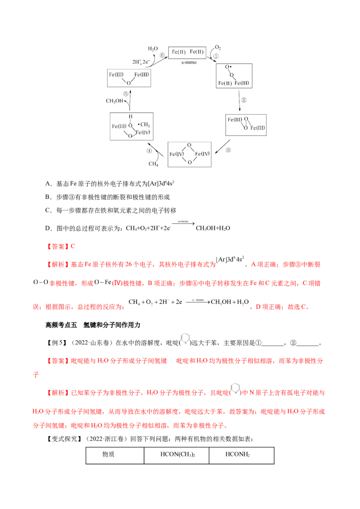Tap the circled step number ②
pyautogui.click(x=244, y=100)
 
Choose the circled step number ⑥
pyautogui.click(x=163, y=56)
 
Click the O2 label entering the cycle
pyautogui.click(x=218, y=47)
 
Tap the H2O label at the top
pyautogui.click(x=153, y=48)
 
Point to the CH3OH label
pyautogui.click(x=114, y=101)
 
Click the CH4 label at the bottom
pyautogui.click(x=153, y=164)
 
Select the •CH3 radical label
pyautogui.click(x=144, y=124)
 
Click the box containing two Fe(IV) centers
pyautogui.click(x=189, y=154)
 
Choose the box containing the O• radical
pyautogui.click(x=234, y=76)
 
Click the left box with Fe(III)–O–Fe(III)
pyautogui.click(x=129, y=77)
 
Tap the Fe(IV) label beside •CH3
pyautogui.click(x=142, y=132)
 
